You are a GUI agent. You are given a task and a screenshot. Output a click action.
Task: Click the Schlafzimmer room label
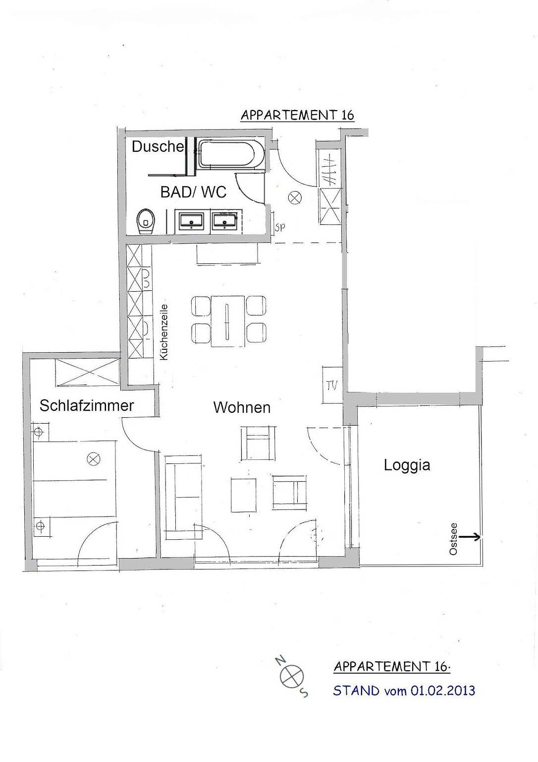coord(87,405)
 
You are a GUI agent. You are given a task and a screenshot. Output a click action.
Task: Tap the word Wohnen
coord(242,407)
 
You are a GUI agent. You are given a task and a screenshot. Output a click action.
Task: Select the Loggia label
coord(407,465)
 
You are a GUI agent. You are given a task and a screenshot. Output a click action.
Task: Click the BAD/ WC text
coord(193,191)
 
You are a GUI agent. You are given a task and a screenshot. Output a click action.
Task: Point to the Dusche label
coord(158,146)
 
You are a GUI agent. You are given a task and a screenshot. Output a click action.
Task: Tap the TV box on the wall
coord(330,384)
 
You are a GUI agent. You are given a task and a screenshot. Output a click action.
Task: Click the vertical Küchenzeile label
coord(164,331)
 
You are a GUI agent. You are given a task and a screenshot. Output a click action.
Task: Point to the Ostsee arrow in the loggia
coord(470,536)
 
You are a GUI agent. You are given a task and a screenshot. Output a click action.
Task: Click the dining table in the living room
coord(228,320)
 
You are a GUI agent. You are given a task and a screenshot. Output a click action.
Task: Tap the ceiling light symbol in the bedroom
coord(93,459)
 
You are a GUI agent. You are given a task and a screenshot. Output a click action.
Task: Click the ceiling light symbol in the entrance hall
coord(295,198)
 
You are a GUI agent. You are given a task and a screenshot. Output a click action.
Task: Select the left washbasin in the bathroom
coord(191,221)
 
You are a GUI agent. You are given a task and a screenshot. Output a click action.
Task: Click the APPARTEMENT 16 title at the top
coord(297,115)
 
